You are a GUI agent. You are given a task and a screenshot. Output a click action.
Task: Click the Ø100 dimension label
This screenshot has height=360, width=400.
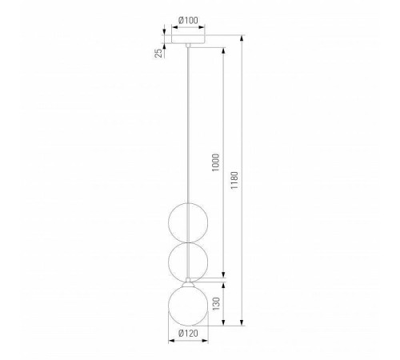tap(189, 20)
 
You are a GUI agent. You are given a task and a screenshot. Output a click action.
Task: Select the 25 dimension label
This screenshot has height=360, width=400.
tap(158, 53)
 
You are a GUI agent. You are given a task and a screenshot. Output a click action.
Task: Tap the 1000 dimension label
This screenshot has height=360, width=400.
tap(215, 162)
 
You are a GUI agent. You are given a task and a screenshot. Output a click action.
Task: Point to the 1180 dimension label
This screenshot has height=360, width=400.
tap(234, 180)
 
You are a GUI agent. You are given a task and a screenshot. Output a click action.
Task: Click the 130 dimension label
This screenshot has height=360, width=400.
tap(216, 304)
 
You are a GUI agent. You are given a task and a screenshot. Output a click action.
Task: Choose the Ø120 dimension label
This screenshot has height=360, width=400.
tap(189, 333)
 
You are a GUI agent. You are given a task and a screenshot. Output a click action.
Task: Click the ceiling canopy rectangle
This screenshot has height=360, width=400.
tap(188, 39)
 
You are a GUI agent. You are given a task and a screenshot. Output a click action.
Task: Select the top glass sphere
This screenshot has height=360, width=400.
tap(188, 222)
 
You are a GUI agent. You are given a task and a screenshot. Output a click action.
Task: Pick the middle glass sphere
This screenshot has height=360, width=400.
tap(188, 262)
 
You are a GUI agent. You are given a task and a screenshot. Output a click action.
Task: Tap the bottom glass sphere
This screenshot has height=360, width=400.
tap(188, 306)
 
